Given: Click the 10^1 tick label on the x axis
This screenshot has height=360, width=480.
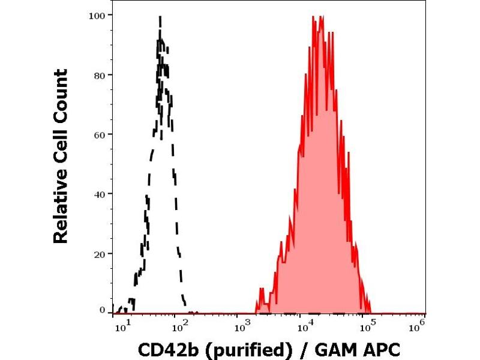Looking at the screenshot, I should [121, 326].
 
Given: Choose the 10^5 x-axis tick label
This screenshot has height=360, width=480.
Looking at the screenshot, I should [364, 326].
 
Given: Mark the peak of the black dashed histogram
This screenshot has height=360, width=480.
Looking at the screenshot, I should [160, 16].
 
